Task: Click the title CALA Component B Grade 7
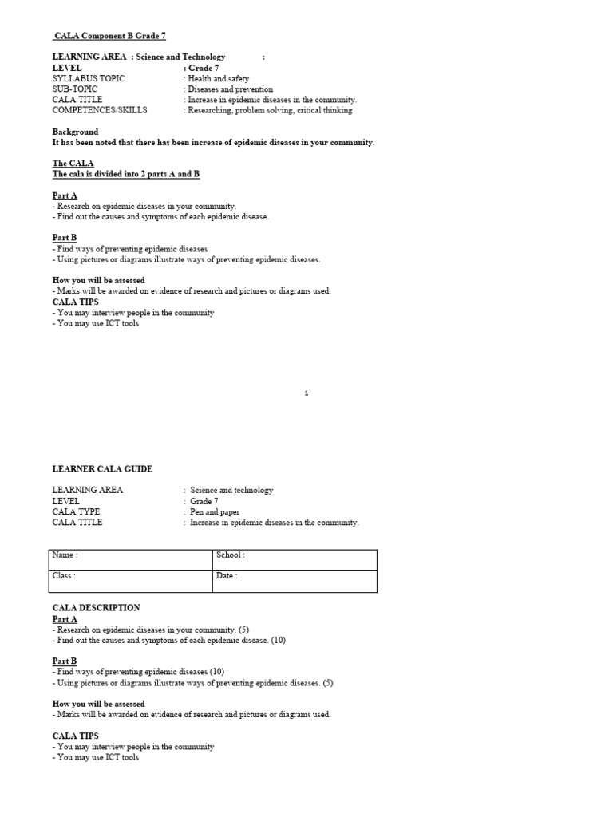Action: tap(109, 36)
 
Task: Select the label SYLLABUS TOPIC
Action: tap(89, 79)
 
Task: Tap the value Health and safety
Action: tap(218, 79)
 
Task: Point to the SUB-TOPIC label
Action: tap(75, 89)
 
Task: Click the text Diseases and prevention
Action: tap(230, 89)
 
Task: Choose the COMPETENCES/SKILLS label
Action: tap(100, 110)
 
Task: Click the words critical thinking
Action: tap(325, 110)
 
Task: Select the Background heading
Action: tap(76, 132)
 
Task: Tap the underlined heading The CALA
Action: tap(73, 163)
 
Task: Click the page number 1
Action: tap(306, 393)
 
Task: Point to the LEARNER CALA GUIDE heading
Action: tap(102, 468)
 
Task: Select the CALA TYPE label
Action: tap(77, 511)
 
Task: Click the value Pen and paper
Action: tap(215, 511)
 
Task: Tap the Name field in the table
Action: tap(132, 559)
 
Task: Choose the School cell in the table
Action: tap(295, 559)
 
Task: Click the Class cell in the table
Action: tap(132, 581)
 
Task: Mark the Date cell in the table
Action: tap(295, 581)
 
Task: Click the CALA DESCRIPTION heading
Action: tap(96, 607)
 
